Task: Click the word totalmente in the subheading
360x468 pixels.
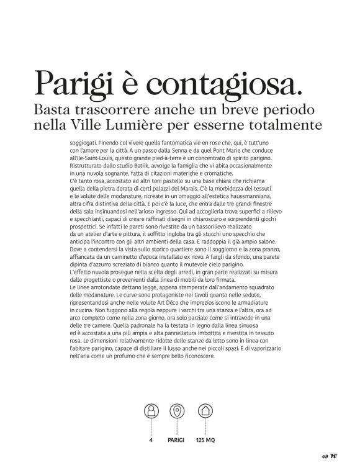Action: [x=288, y=125]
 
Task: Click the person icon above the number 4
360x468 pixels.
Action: [x=150, y=410]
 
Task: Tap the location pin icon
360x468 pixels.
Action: [x=177, y=410]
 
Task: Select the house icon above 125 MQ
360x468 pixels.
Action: [x=205, y=410]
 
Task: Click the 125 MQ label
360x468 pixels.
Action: [x=205, y=441]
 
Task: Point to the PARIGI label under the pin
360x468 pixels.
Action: [x=177, y=441]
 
